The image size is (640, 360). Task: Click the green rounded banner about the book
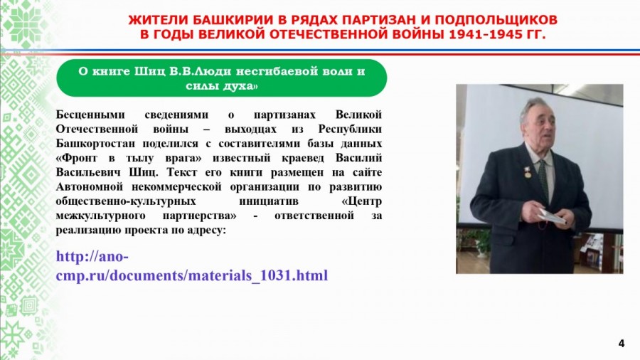click(222, 78)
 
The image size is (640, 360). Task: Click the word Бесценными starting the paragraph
click(90, 115)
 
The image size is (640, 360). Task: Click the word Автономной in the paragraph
click(90, 187)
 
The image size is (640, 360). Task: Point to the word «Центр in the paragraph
click(362, 201)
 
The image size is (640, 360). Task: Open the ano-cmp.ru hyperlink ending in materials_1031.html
click(192, 266)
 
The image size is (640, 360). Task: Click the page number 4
click(622, 343)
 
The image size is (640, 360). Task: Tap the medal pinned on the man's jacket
click(528, 172)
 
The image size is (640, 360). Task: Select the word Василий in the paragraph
click(359, 158)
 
